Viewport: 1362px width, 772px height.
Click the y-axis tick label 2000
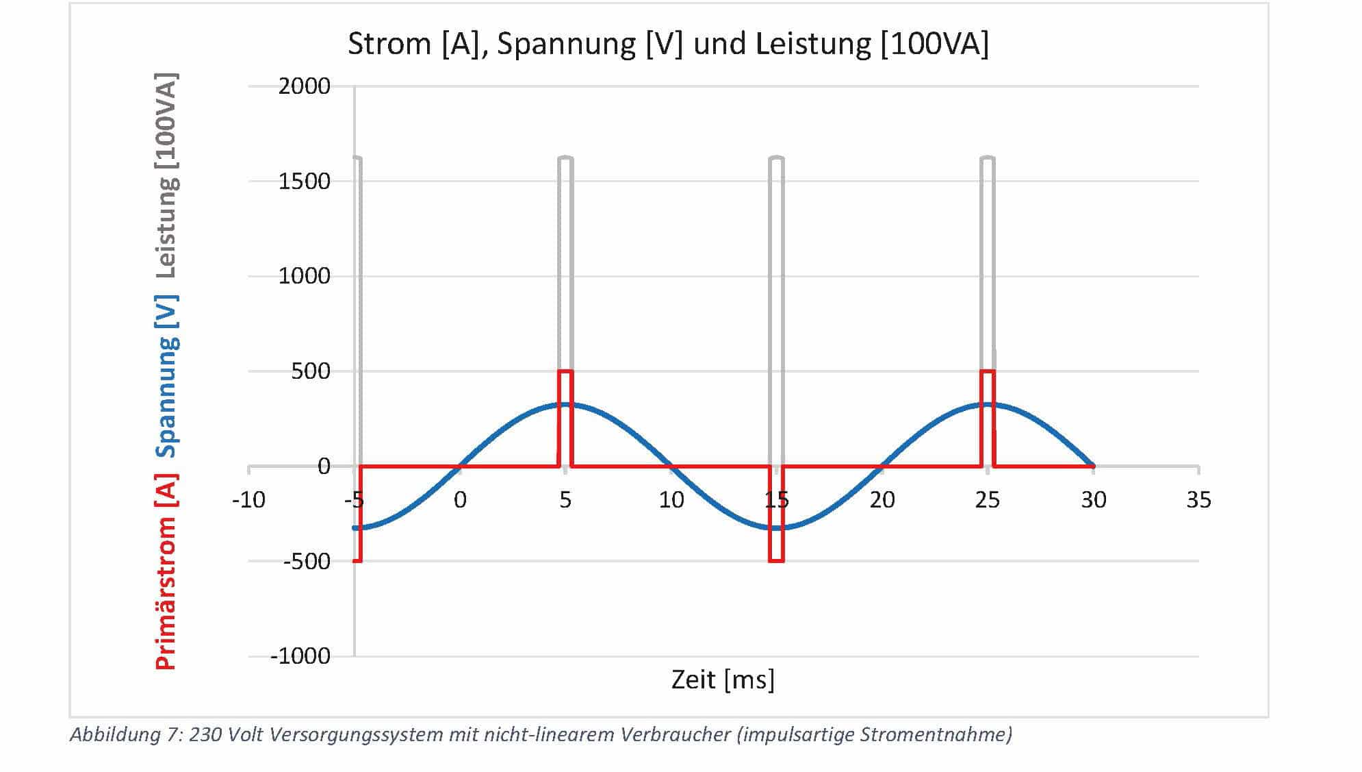point(304,87)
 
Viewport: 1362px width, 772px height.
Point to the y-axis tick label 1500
point(304,182)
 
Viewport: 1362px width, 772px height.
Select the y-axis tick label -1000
point(300,656)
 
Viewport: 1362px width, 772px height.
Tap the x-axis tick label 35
point(1198,500)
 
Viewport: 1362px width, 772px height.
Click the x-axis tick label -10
point(248,500)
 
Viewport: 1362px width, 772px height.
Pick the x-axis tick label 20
point(882,500)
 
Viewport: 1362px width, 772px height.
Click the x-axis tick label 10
point(671,500)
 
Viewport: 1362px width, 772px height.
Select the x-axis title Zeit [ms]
point(723,680)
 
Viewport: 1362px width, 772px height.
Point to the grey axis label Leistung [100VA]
point(166,175)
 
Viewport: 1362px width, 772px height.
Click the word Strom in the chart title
point(389,44)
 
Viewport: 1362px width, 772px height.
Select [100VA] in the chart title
point(934,44)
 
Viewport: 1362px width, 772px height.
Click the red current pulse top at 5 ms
point(565,371)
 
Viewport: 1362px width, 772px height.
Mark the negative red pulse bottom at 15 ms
point(776,561)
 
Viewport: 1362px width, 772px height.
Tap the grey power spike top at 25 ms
point(987,158)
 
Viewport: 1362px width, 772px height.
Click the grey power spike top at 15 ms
point(776,158)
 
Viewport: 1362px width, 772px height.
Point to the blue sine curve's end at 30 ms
point(1093,466)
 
